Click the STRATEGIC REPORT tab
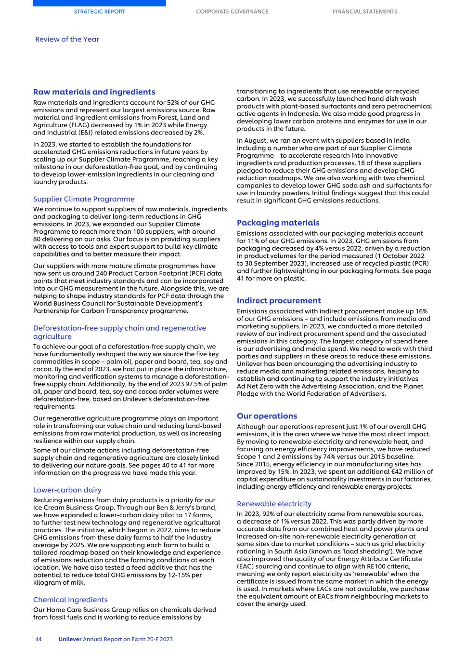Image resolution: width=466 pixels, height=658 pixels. [99, 12]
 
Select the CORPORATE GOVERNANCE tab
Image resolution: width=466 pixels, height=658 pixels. [232, 12]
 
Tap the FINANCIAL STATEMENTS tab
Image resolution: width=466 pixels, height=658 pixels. [365, 12]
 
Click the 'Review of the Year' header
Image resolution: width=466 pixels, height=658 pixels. [67, 39]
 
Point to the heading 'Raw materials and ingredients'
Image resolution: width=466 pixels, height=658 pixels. [94, 92]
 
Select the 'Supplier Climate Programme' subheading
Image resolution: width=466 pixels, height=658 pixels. [84, 199]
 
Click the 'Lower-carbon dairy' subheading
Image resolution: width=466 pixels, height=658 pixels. [67, 490]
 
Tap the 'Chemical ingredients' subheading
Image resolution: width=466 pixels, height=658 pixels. [70, 600]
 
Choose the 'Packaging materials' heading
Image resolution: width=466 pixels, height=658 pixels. [278, 223]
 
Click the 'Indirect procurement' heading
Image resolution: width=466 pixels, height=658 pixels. [278, 300]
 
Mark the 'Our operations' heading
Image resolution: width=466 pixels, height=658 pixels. [267, 416]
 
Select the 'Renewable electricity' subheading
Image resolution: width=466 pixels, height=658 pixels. [274, 504]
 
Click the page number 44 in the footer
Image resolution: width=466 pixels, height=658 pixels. [39, 639]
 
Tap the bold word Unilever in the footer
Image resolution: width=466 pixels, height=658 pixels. [70, 639]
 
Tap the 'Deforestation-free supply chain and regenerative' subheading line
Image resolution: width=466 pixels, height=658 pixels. [119, 328]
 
